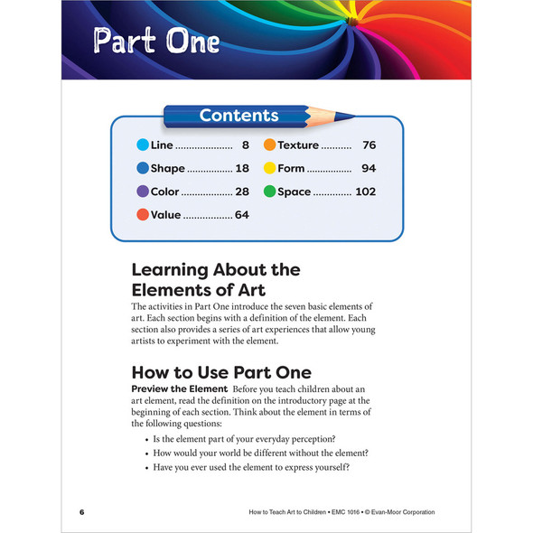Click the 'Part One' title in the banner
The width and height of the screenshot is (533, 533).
(156, 42)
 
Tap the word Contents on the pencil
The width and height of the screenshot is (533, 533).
(238, 115)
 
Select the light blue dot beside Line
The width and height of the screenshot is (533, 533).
(142, 145)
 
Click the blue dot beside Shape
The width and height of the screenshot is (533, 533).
(142, 168)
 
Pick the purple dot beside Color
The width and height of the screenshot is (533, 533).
(142, 192)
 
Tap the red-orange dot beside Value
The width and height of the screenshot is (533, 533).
(142, 215)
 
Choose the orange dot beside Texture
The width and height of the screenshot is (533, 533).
(269, 145)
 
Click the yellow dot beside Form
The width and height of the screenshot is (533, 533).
(269, 168)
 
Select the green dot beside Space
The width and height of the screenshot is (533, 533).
(269, 192)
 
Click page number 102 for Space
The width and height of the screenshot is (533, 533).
(365, 192)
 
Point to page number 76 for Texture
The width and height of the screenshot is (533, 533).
(369, 145)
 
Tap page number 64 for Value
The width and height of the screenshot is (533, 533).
(241, 215)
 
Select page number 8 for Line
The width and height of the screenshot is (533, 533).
(245, 145)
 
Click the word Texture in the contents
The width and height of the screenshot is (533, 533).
(298, 145)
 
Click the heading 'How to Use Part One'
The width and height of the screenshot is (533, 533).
(221, 372)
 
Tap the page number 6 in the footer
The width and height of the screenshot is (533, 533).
(81, 512)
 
